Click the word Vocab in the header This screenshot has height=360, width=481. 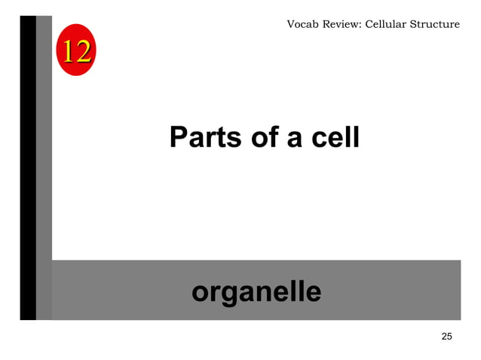pos(302,25)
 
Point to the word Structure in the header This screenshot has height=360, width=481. pos(435,25)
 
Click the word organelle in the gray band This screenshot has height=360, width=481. pos(256,291)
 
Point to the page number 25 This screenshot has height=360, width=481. pos(446,336)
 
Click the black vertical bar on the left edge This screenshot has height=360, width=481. pos(28,166)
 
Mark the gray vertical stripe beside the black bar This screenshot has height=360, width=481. pos(44,166)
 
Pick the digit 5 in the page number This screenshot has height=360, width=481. pos(449,336)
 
